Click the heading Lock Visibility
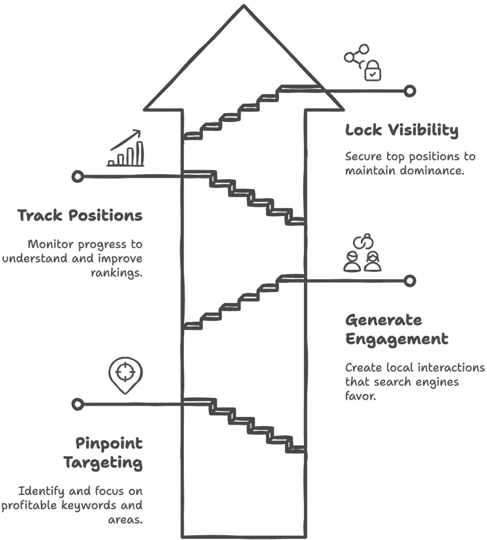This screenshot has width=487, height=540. [402, 131]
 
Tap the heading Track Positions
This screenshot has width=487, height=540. [80, 215]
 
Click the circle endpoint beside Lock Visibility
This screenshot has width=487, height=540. [410, 91]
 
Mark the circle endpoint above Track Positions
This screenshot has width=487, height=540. [77, 176]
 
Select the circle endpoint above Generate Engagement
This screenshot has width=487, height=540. [410, 280]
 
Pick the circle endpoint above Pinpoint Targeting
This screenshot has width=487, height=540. [77, 404]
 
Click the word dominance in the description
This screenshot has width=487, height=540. [431, 171]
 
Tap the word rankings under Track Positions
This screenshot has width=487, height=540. [116, 273]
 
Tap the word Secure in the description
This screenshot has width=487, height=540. [363, 157]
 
